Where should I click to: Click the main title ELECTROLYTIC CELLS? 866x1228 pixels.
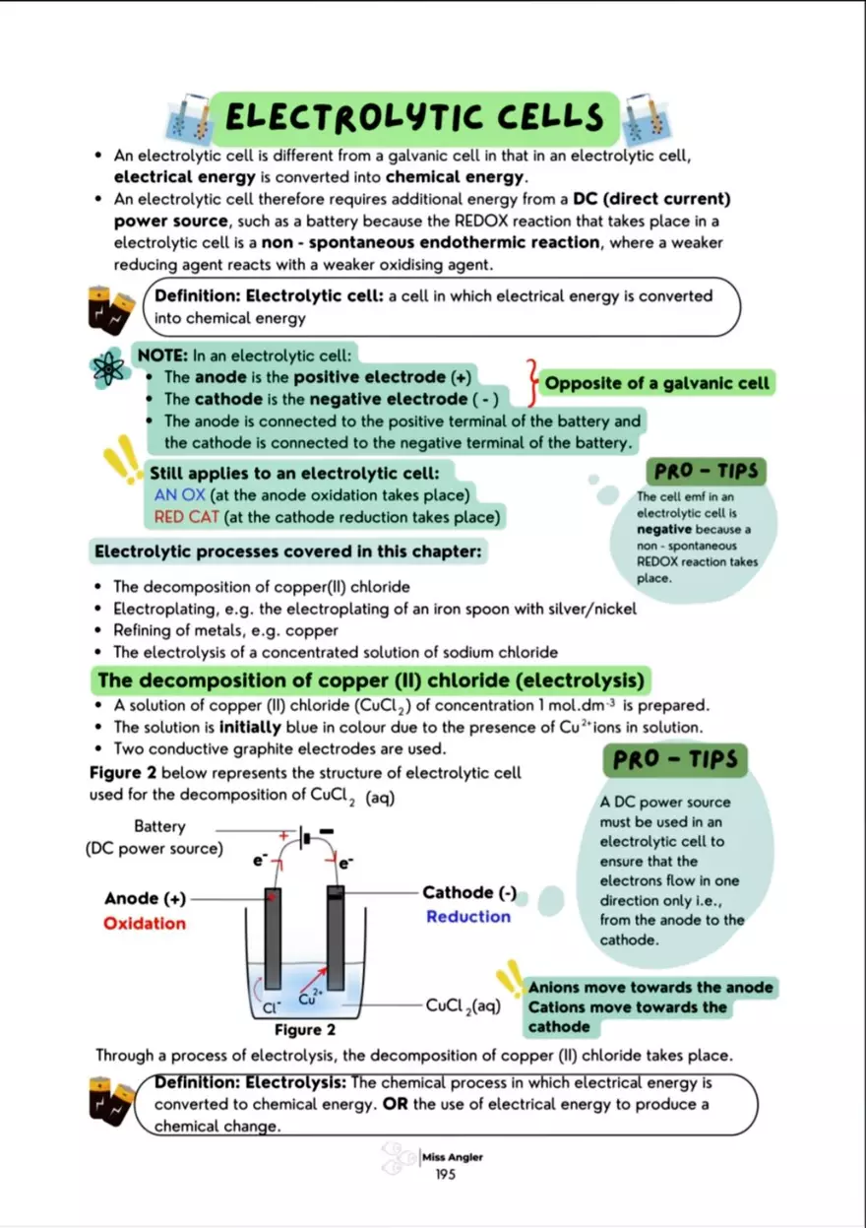point(413,118)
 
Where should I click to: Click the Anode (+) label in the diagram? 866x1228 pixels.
point(145,898)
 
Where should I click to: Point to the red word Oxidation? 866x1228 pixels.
point(145,923)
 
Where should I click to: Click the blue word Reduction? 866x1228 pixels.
point(468,917)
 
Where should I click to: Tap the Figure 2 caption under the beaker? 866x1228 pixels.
point(305,1030)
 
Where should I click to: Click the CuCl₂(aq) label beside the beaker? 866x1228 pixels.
point(464,1005)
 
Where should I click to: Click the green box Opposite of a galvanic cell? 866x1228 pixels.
point(657,383)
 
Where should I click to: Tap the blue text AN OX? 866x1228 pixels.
point(179,494)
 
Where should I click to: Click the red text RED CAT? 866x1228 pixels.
point(187,516)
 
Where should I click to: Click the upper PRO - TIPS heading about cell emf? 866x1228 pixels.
point(705,471)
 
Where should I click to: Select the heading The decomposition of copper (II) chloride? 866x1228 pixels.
point(372,680)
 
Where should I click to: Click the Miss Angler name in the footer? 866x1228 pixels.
point(453,1157)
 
